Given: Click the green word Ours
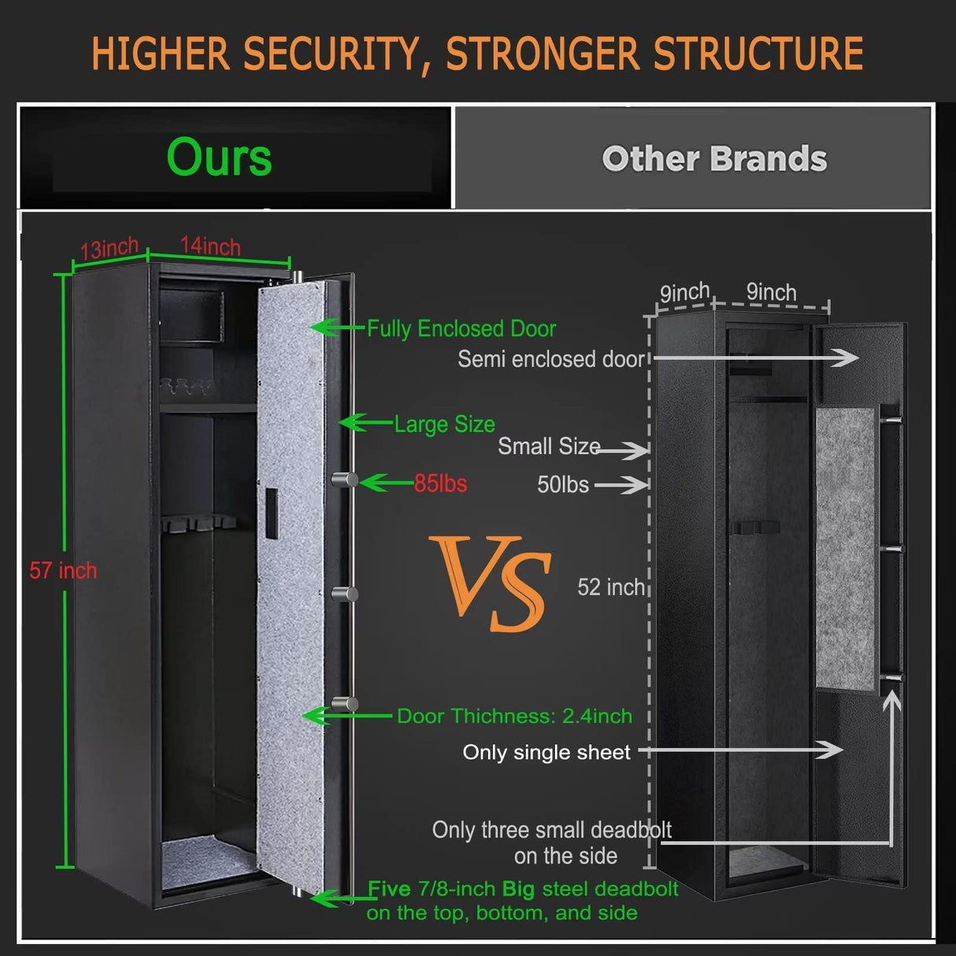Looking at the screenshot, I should [x=219, y=157].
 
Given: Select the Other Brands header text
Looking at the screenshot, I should [x=714, y=159].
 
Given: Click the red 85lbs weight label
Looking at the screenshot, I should [x=440, y=484].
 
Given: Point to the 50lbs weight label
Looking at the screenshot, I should [x=562, y=484].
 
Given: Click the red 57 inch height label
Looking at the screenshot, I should [x=63, y=570].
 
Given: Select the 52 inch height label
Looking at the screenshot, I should [x=611, y=587].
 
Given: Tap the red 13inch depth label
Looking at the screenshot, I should [x=109, y=249].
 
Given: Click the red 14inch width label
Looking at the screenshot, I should [x=210, y=246].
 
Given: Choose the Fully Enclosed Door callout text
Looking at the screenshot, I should [x=461, y=328].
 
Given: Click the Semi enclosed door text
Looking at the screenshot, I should [x=551, y=359].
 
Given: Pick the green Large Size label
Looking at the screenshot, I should [x=444, y=424].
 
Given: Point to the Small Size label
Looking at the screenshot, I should [x=549, y=447].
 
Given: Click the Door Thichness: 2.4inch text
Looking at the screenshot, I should [x=514, y=716].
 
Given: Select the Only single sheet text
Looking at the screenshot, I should [x=547, y=752].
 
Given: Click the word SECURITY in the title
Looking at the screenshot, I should [x=332, y=54].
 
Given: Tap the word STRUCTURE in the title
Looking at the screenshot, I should [x=758, y=54].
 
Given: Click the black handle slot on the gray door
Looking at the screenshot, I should [x=270, y=513].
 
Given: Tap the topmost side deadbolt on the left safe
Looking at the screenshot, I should [x=344, y=480].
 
